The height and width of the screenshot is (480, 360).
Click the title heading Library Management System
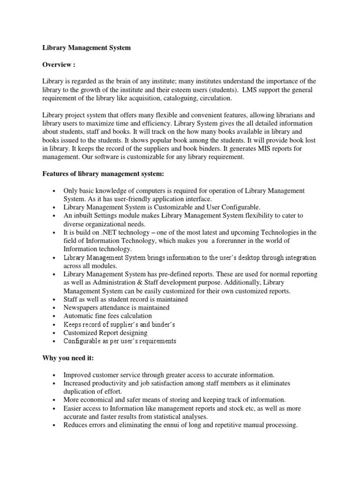coord(87,47)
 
